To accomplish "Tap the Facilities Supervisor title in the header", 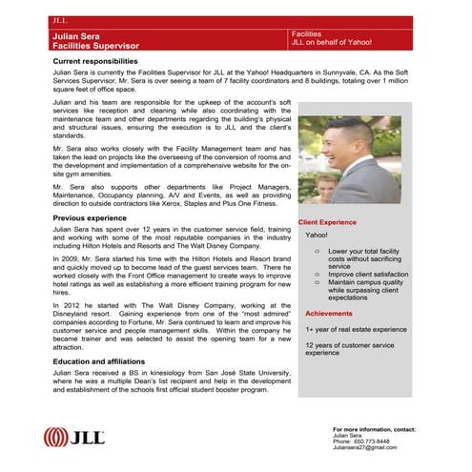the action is point(95,46).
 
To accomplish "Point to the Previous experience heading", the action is point(90,218).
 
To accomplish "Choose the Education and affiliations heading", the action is point(104,362).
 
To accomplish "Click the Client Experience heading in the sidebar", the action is point(330,222).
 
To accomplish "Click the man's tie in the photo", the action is point(363,187).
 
